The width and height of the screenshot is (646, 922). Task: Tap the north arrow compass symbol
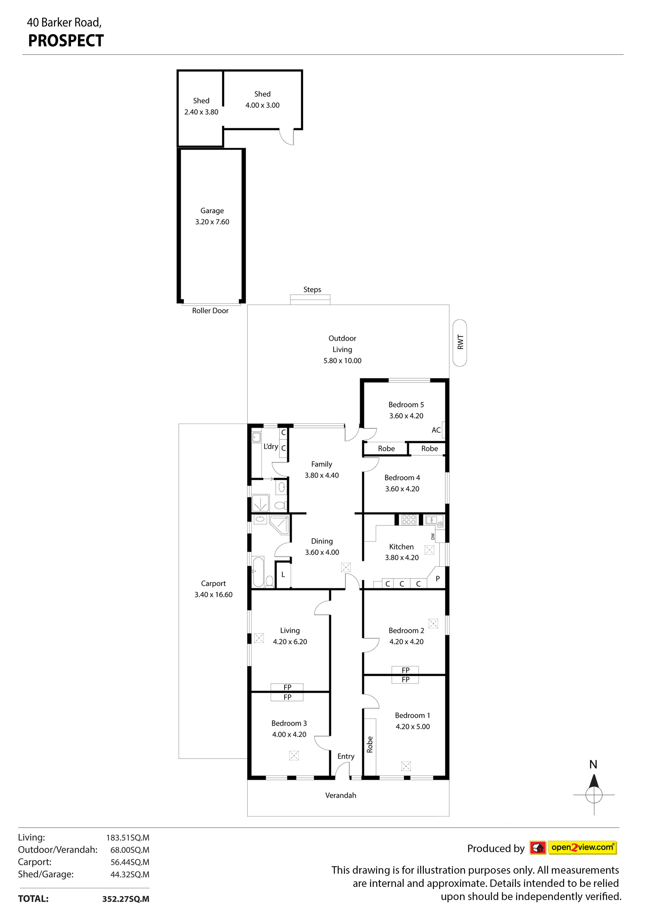coord(594,794)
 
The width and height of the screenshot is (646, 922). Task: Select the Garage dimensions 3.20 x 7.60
coord(212,222)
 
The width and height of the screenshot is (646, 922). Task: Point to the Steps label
coord(312,290)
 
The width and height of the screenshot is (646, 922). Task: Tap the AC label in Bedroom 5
coord(436,430)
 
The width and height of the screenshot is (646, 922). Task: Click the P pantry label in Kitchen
coord(438,579)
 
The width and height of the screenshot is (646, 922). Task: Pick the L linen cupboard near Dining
coord(283,575)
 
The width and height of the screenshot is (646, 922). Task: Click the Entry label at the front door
coord(346,757)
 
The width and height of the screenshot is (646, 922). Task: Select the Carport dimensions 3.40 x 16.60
coord(213,595)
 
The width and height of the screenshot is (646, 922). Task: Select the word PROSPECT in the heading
coord(66,41)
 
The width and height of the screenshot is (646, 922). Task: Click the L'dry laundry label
coord(271,446)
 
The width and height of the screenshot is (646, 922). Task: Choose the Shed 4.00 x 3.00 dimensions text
coord(262,105)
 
